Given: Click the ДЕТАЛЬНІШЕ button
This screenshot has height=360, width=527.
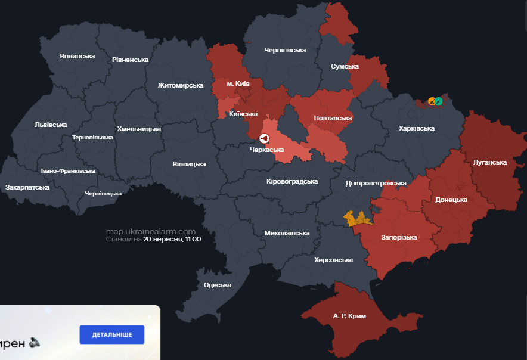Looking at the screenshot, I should tap(112, 334).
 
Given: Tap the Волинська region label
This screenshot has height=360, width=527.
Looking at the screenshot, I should tap(77, 56).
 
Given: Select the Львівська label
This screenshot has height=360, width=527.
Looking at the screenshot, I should tap(51, 125).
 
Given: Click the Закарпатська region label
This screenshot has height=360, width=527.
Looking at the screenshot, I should tap(27, 187).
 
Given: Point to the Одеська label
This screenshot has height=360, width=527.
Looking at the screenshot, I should tap(217, 285).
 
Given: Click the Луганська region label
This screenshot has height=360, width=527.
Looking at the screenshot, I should tap(489, 162).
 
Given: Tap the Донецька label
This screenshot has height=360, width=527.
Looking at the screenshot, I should tap(451, 200).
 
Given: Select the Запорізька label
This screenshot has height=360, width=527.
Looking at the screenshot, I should tap(399, 237).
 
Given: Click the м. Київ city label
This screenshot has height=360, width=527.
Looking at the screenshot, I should tap(238, 84).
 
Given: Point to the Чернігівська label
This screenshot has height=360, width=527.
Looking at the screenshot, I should tap(285, 50).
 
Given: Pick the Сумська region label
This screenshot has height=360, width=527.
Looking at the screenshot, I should tap(345, 66).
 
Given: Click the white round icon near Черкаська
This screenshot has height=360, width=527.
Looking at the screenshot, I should tap(263, 138).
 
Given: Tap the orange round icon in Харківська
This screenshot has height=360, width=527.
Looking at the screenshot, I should tap(432, 101).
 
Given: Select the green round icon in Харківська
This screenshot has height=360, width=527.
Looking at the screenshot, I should tap(439, 101).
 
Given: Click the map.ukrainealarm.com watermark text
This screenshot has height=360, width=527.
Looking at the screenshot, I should tap(151, 231).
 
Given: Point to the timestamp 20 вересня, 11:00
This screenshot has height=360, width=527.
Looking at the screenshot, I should tap(172, 239).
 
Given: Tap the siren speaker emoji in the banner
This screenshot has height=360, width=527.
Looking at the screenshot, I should tap(35, 342).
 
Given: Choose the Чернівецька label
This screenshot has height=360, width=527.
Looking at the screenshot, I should tap(103, 194).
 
